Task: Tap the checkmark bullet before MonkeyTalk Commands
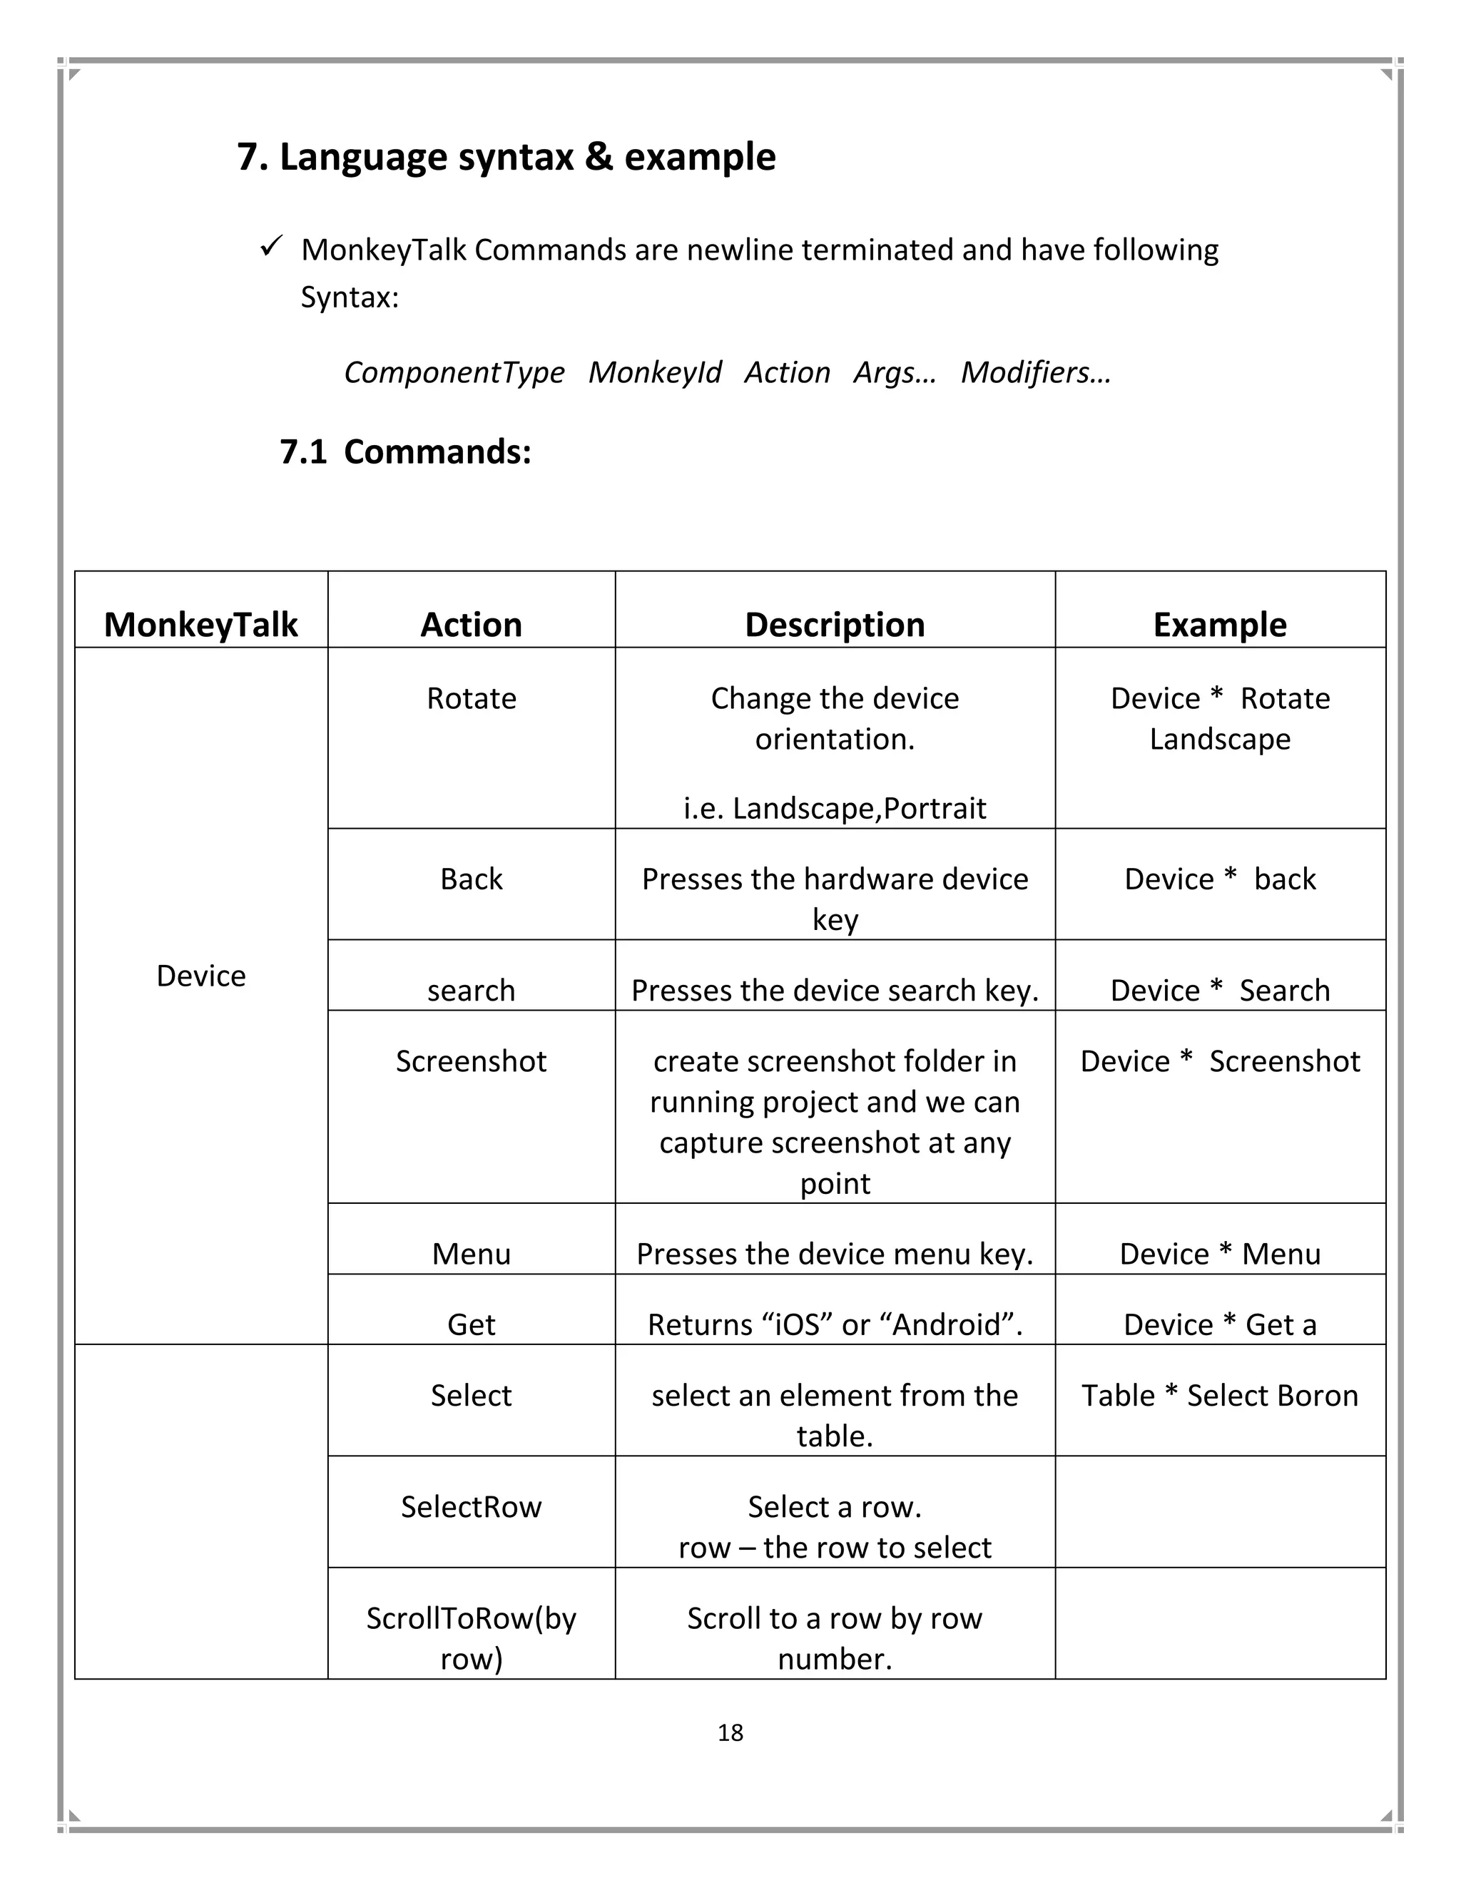pyautogui.click(x=271, y=247)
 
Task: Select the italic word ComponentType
pyautogui.click(x=454, y=372)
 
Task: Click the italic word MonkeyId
pyautogui.click(x=654, y=372)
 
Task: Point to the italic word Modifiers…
pyautogui.click(x=1035, y=372)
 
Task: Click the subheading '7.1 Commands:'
pyautogui.click(x=405, y=451)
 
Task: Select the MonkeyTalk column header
pyautogui.click(x=200, y=624)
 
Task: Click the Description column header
pyautogui.click(x=835, y=624)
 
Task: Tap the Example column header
pyautogui.click(x=1219, y=624)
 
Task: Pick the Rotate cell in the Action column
pyautogui.click(x=471, y=698)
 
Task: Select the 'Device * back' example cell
pyautogui.click(x=1219, y=879)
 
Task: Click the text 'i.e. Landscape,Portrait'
pyautogui.click(x=835, y=808)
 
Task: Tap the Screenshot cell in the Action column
pyautogui.click(x=471, y=1061)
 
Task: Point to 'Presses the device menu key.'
pyautogui.click(x=835, y=1254)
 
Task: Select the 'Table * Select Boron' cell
pyautogui.click(x=1219, y=1396)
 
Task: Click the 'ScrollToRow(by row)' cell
pyautogui.click(x=471, y=1638)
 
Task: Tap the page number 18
pyautogui.click(x=730, y=1732)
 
